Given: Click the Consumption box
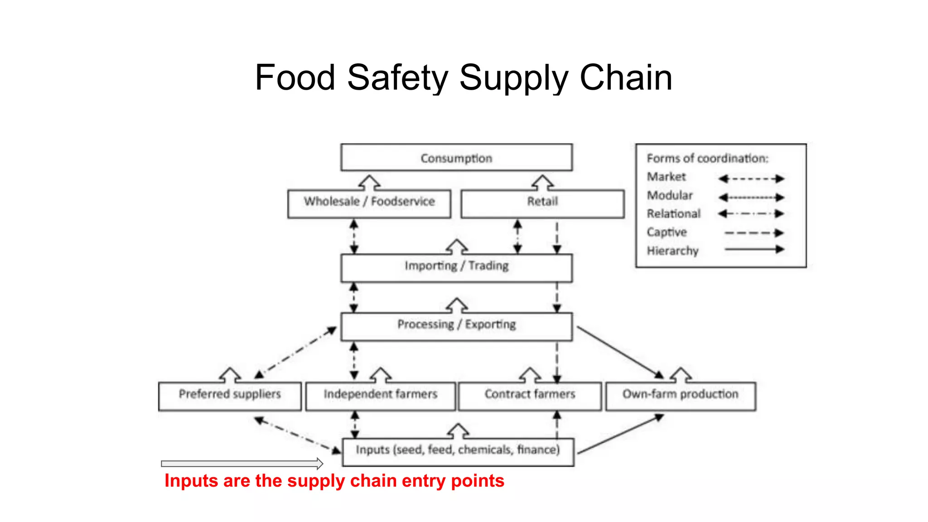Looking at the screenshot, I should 456,158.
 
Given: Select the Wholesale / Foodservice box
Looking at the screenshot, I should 369,204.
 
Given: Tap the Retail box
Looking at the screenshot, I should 542,204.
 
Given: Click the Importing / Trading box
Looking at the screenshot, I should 456,268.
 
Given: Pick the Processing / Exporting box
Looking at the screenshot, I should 456,326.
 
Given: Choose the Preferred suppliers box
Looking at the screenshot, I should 230,396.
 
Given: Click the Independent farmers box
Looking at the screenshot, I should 380,396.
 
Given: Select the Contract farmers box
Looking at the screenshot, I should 530,396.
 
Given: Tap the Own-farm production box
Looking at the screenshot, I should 681,396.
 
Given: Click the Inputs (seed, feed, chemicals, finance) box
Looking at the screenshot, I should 458,452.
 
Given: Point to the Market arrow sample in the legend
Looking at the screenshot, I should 751,179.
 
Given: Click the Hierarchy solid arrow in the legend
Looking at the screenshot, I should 754,249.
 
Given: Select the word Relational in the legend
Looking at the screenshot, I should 673,213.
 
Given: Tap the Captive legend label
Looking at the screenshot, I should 667,232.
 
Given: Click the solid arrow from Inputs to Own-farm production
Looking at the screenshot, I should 620,434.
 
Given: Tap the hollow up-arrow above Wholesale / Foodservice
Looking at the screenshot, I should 369,183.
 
